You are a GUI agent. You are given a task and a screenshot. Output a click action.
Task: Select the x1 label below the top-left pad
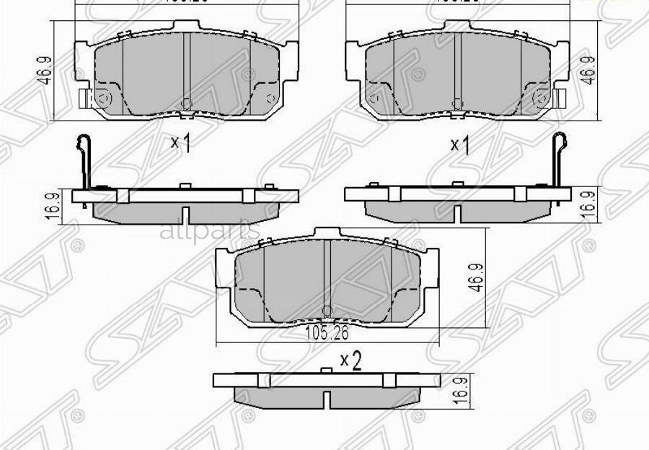(x=180, y=143)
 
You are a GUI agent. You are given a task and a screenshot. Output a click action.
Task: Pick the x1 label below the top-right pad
(x=460, y=145)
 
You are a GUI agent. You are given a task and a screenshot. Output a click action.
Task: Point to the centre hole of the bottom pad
(x=326, y=311)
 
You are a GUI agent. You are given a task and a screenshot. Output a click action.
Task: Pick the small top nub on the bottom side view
(x=326, y=371)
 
